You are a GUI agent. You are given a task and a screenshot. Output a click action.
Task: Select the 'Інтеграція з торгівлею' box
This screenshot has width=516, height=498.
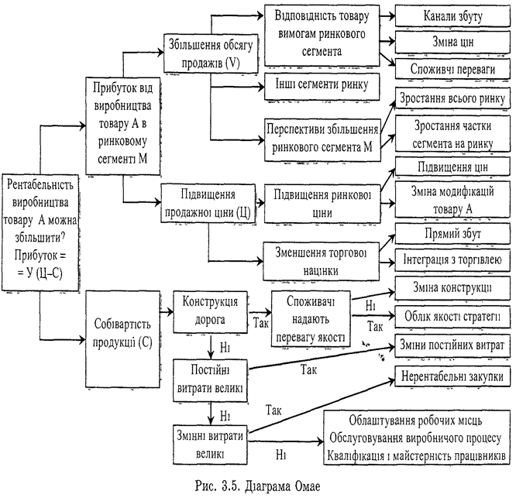[x=452, y=259]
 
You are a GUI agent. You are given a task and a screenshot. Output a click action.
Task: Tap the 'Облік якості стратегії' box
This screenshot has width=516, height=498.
[x=452, y=317]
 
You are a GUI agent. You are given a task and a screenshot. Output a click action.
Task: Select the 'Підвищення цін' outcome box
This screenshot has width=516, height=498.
[x=452, y=167]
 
